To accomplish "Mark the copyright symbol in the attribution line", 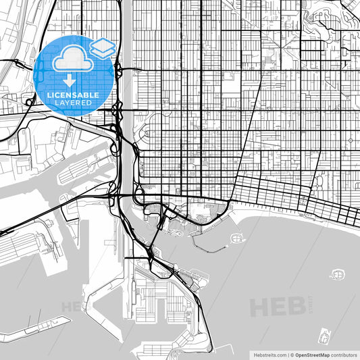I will click(292, 354).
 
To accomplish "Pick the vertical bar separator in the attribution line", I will click(287, 354).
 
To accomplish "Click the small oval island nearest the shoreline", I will click(237, 238).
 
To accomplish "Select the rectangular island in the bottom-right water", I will click(325, 335).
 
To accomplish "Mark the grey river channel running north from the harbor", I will click(126, 101).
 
